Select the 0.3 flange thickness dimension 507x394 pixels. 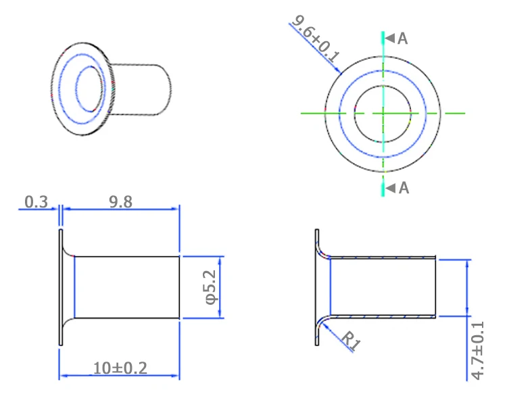click(35, 201)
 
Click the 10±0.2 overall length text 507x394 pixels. click(120, 368)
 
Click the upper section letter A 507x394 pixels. click(403, 39)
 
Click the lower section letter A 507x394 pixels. click(404, 188)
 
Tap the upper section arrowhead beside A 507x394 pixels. click(390, 39)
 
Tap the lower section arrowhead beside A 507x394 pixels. click(391, 188)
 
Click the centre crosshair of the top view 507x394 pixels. click(383, 112)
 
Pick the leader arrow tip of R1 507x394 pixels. click(325, 323)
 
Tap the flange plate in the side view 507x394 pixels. click(61, 287)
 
